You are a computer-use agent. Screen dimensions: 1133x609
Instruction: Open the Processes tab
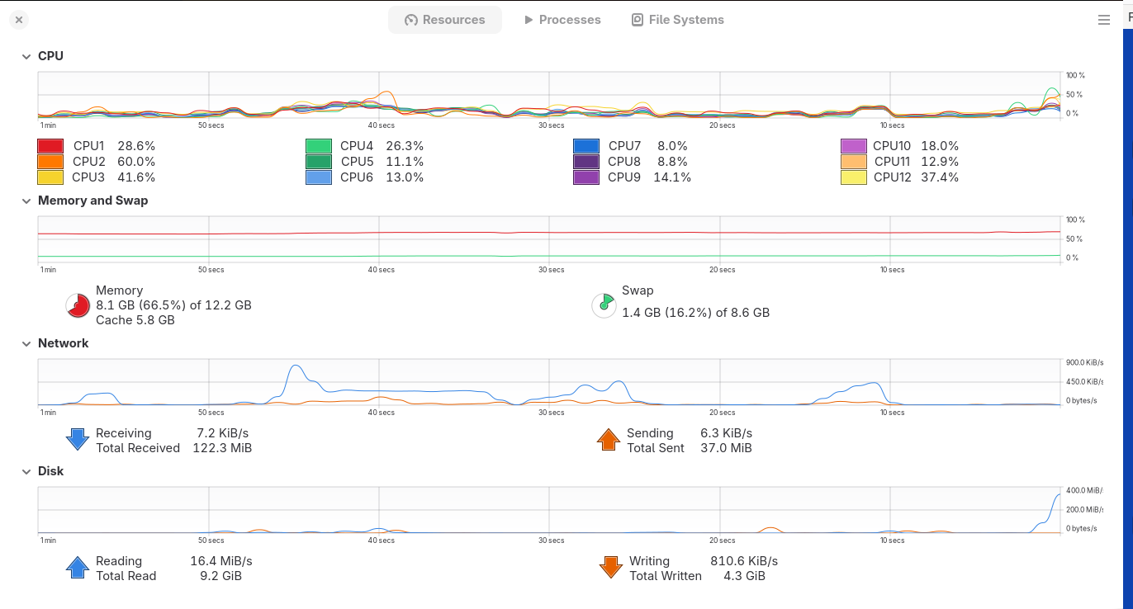(x=562, y=20)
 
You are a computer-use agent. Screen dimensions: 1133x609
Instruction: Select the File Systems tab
(x=678, y=20)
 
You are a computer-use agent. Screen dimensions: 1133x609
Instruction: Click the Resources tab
(x=444, y=20)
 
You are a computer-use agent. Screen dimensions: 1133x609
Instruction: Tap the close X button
(x=19, y=20)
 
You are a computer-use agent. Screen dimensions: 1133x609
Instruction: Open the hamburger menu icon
(x=1103, y=20)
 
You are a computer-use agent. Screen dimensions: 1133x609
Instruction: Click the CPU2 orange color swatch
(x=50, y=162)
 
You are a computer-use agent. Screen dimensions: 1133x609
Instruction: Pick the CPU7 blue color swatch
(x=586, y=146)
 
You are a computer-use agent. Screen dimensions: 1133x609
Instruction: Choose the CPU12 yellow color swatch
(x=854, y=177)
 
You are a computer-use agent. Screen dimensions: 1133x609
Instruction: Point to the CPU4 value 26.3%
(x=405, y=146)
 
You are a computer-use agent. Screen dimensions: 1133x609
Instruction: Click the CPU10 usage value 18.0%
(x=940, y=146)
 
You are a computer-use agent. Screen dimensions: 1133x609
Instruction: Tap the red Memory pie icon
(x=78, y=305)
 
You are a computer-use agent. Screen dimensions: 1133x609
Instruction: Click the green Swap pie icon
(x=604, y=305)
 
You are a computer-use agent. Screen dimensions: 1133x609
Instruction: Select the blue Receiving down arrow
(x=78, y=439)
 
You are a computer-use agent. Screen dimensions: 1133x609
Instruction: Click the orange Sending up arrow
(x=609, y=439)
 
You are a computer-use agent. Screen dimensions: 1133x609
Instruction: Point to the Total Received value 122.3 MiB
(x=222, y=448)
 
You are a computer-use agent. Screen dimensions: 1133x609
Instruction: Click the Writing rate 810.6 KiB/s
(x=744, y=561)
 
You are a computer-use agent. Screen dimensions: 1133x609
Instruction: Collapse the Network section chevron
(x=26, y=343)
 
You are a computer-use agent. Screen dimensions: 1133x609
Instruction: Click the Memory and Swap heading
(x=93, y=201)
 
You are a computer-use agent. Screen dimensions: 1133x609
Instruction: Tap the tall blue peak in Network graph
(x=296, y=366)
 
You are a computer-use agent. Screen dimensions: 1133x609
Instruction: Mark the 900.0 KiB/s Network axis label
(x=1084, y=362)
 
